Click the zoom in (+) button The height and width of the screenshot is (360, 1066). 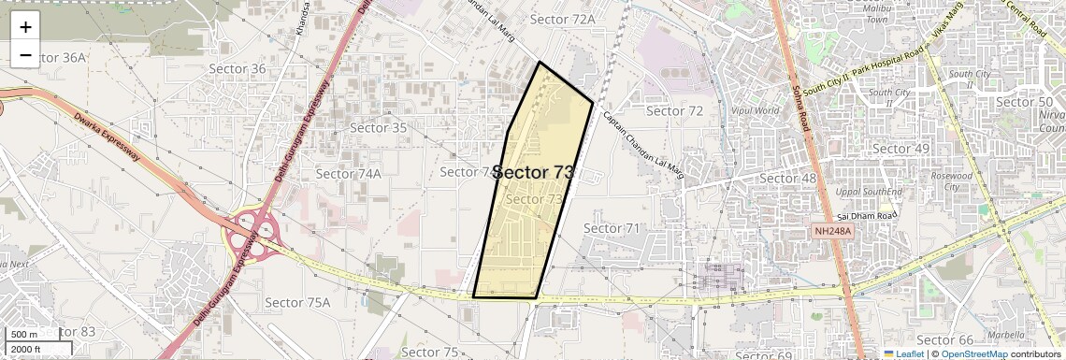[x=25, y=26]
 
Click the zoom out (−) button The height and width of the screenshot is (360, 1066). [x=25, y=54]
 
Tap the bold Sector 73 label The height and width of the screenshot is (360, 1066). [x=532, y=172]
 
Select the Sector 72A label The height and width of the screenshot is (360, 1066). [x=562, y=19]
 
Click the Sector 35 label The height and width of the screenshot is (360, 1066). [x=379, y=127]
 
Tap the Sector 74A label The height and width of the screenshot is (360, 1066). [x=348, y=173]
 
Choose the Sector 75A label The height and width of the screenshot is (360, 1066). [x=297, y=302]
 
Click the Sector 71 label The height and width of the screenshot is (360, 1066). [x=612, y=228]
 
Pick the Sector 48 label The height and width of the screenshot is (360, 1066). [x=787, y=178]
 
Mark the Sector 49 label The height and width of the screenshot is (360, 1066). [x=900, y=149]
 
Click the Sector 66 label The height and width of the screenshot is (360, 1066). [x=944, y=339]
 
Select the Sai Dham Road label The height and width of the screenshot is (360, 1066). [x=867, y=215]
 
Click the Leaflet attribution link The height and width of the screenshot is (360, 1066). [x=903, y=353]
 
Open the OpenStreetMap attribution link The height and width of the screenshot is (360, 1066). [x=975, y=353]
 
